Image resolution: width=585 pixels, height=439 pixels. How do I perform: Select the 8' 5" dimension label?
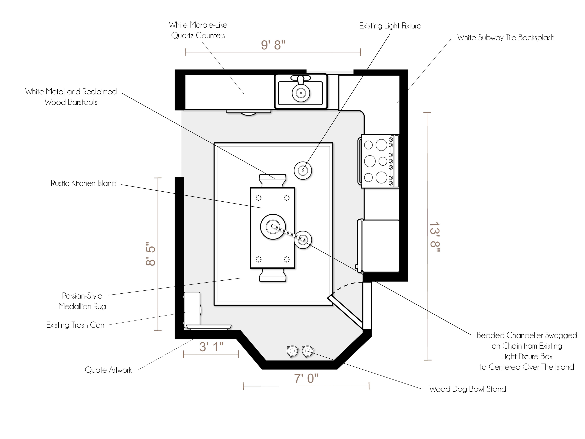click(x=150, y=254)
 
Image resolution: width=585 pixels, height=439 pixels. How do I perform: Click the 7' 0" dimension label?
click(x=306, y=378)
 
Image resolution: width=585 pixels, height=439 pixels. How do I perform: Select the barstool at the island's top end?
click(x=272, y=181)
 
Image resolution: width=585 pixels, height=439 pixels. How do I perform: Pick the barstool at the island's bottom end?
click(x=273, y=275)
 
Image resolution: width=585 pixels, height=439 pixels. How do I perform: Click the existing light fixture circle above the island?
click(x=303, y=170)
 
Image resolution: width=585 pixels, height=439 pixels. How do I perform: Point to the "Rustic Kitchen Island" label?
click(x=84, y=183)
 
